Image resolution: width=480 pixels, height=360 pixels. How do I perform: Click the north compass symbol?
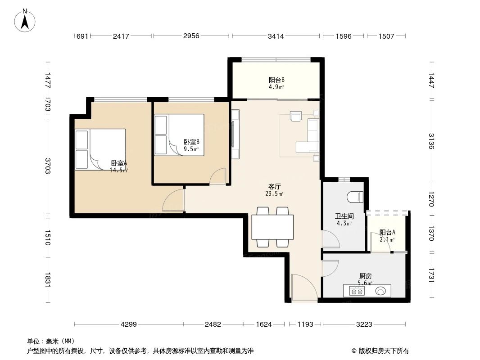[26, 20]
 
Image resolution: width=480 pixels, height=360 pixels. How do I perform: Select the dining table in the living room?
[272, 227]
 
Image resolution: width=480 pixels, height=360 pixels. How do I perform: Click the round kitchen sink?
[381, 291]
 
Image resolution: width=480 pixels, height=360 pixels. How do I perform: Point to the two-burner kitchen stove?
[357, 291]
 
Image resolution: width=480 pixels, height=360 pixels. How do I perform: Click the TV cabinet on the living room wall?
[235, 134]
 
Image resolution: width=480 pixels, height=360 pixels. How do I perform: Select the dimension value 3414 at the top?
[276, 36]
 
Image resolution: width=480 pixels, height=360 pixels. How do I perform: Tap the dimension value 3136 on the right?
[431, 141]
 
